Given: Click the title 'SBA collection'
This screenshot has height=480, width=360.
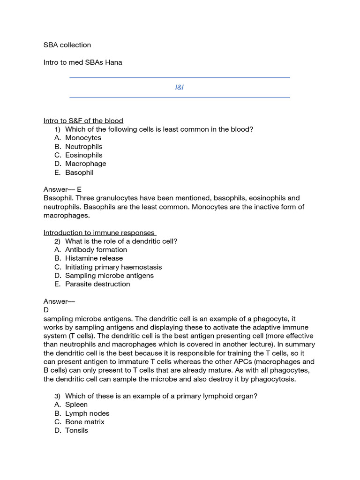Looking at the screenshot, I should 67,45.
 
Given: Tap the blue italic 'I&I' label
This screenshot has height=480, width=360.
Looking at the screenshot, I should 180,88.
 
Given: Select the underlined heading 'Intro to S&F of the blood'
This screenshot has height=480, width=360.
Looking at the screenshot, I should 83,121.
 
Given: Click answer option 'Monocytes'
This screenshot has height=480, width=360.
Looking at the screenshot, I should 83,138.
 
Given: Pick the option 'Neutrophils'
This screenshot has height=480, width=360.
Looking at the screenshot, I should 83,147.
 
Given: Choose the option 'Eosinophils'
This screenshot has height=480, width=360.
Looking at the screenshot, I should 83,155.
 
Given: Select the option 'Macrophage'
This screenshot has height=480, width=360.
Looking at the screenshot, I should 85,164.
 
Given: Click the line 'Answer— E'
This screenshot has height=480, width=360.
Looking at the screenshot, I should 62,189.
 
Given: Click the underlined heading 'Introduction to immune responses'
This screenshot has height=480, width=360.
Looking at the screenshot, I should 99,232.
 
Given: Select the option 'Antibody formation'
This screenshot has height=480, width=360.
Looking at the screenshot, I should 96,250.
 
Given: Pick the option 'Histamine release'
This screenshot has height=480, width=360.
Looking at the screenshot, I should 94,258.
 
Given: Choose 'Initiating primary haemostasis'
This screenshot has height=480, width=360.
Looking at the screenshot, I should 113,267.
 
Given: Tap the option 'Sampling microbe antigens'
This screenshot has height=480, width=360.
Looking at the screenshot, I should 109,276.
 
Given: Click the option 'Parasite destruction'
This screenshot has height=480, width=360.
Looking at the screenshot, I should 97,284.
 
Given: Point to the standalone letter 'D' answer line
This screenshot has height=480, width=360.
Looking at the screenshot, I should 46,310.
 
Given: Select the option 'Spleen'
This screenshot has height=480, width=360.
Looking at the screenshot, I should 76,405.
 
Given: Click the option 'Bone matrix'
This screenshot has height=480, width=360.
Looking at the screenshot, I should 85,422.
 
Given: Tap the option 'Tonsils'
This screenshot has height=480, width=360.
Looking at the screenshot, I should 76,430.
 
